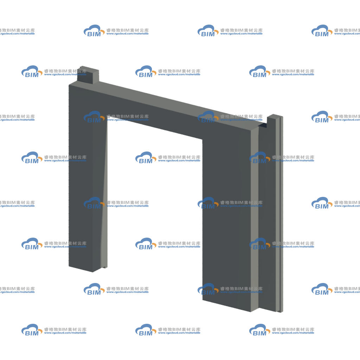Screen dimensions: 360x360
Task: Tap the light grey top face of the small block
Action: [90, 69]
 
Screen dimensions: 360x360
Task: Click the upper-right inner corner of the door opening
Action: [202, 139]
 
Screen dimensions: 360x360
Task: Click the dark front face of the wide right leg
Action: [226, 218]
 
